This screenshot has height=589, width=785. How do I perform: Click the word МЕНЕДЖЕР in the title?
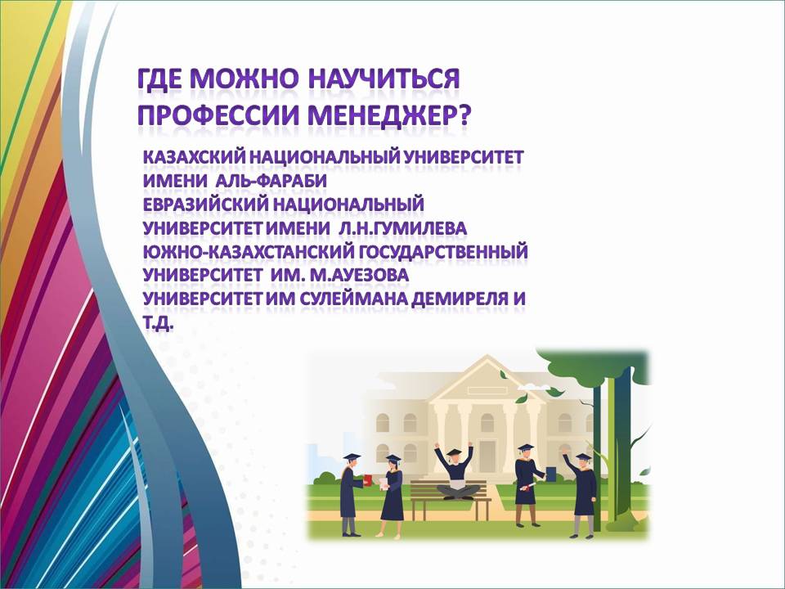click(388, 115)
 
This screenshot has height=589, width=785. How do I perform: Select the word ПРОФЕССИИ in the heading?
click(218, 115)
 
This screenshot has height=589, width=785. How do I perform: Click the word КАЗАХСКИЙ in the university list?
click(194, 157)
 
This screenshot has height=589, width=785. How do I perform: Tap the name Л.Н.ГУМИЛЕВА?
click(402, 228)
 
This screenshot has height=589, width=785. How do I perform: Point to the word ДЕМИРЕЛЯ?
click(460, 299)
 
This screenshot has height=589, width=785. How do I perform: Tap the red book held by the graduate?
click(368, 479)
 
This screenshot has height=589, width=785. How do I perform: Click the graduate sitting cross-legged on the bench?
click(455, 471)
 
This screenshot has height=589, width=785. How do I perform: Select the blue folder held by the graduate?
click(550, 474)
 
